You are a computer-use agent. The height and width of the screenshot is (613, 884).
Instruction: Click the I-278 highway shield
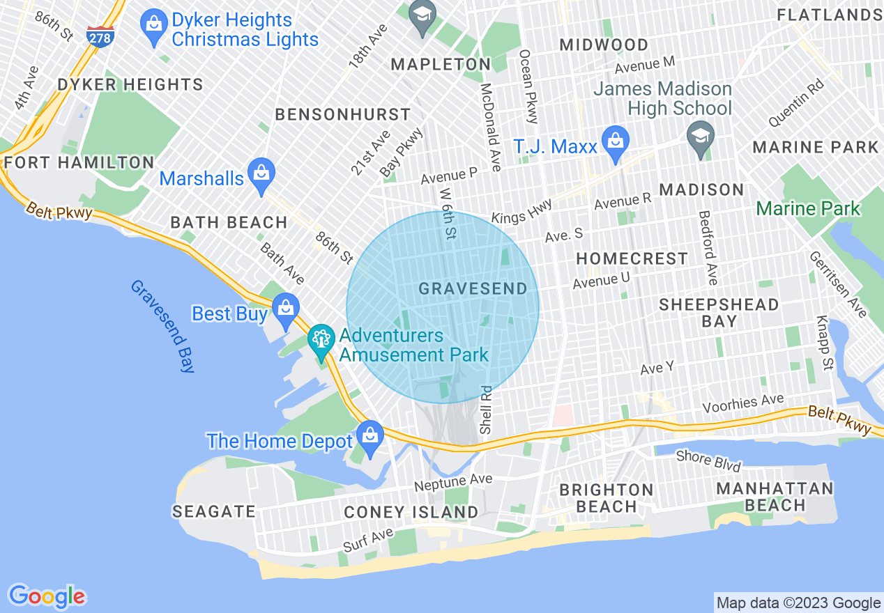[x=100, y=36]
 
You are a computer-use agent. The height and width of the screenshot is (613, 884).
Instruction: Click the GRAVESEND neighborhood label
[x=473, y=288]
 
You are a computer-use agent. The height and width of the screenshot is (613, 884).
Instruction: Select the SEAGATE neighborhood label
[x=214, y=512]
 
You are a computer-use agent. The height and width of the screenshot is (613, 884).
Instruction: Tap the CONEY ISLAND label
[x=411, y=513]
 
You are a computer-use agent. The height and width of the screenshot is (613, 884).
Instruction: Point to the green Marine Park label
[x=808, y=208]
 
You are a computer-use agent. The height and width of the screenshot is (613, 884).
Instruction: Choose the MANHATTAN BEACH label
[x=775, y=497]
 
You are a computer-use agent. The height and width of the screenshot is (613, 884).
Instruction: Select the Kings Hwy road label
[x=521, y=212]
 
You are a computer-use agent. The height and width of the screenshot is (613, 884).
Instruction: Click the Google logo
[x=47, y=596]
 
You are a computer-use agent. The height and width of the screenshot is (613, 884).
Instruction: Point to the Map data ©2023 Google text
[x=799, y=603]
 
